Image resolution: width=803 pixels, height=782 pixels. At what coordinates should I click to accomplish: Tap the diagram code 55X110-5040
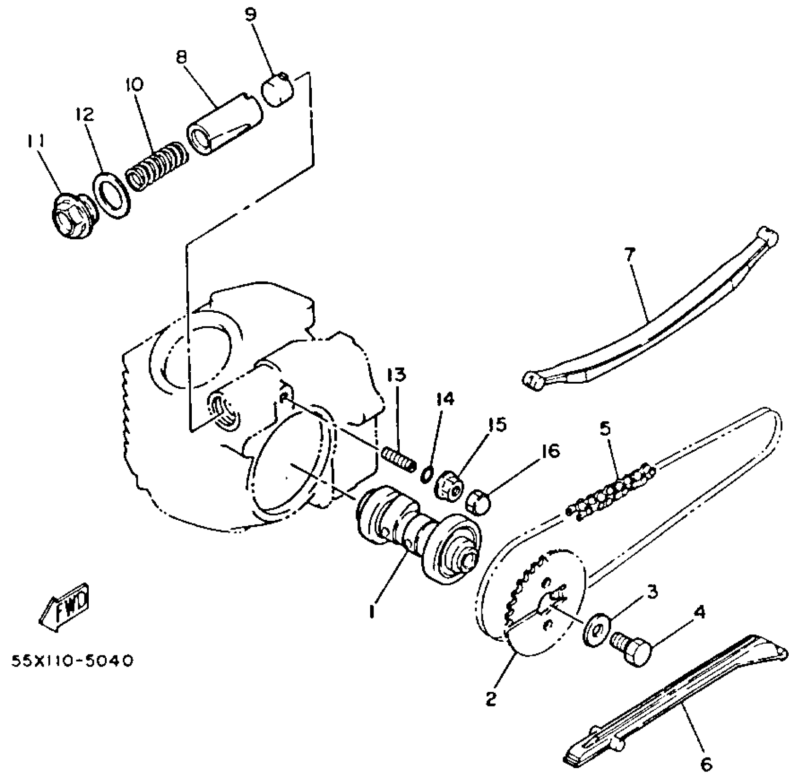click(73, 661)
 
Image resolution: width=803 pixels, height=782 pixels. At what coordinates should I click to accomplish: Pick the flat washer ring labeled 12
click(111, 194)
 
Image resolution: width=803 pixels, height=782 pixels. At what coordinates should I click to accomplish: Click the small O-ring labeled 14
click(428, 474)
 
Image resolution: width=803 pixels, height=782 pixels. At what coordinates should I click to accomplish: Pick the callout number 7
click(629, 253)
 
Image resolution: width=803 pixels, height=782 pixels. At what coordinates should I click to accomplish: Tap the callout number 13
click(396, 375)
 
